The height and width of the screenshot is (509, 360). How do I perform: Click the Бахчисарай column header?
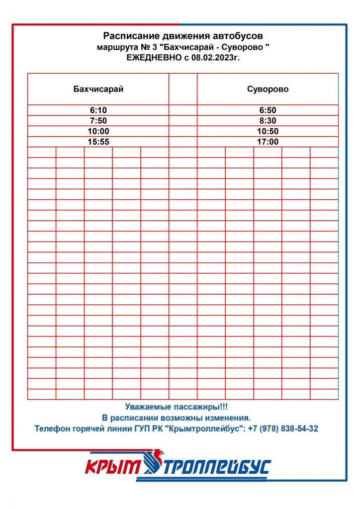pyautogui.click(x=98, y=89)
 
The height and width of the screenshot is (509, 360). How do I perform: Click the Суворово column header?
pyautogui.click(x=268, y=89)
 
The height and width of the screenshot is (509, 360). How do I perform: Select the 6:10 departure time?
pyautogui.click(x=98, y=110)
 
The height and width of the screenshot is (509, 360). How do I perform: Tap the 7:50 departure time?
pyautogui.click(x=98, y=121)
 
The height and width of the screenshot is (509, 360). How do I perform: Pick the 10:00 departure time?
pyautogui.click(x=98, y=131)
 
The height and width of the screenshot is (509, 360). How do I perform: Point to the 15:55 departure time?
pyautogui.click(x=98, y=142)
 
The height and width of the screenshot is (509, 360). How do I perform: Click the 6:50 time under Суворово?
pyautogui.click(x=268, y=110)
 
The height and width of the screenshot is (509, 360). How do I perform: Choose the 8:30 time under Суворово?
pyautogui.click(x=268, y=121)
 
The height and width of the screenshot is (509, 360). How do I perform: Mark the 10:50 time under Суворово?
pyautogui.click(x=268, y=131)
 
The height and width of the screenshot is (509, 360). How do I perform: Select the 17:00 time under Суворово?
pyautogui.click(x=268, y=142)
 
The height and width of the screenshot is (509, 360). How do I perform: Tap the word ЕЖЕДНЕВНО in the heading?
pyautogui.click(x=150, y=58)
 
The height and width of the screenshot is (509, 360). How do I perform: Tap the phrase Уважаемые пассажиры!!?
pyautogui.click(x=176, y=407)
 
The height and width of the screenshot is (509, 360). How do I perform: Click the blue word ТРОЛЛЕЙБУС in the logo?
pyautogui.click(x=217, y=467)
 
